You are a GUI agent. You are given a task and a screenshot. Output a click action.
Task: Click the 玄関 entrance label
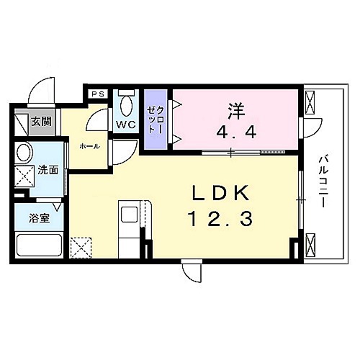click(40, 122)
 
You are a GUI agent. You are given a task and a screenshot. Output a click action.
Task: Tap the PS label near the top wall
click(97, 93)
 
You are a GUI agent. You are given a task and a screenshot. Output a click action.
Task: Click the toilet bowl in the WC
click(127, 106)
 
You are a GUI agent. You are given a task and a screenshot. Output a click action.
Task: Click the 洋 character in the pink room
click(236, 112)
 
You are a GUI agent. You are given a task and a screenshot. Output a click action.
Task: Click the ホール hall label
click(89, 146)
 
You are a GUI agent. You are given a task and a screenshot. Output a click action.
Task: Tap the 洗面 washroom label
click(48, 171)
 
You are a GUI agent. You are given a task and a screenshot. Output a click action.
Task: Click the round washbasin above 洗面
click(24, 153)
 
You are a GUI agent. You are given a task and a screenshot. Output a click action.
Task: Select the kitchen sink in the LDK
click(130, 215)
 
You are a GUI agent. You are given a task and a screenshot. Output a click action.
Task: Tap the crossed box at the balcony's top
click(312, 104)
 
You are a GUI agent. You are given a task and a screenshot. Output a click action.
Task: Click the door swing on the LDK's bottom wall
click(192, 273)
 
